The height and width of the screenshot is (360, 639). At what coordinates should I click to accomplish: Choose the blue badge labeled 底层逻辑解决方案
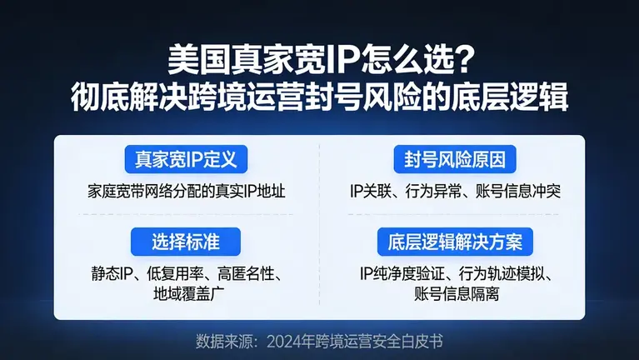coord(455,242)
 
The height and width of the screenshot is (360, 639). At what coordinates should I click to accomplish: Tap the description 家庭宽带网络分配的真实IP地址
coord(187,191)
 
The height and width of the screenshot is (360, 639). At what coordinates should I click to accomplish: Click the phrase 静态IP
coord(110,274)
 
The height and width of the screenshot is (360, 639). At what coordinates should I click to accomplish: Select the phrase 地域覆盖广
coord(187,294)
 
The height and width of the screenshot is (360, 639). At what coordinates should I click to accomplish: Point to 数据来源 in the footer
coord(222,341)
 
